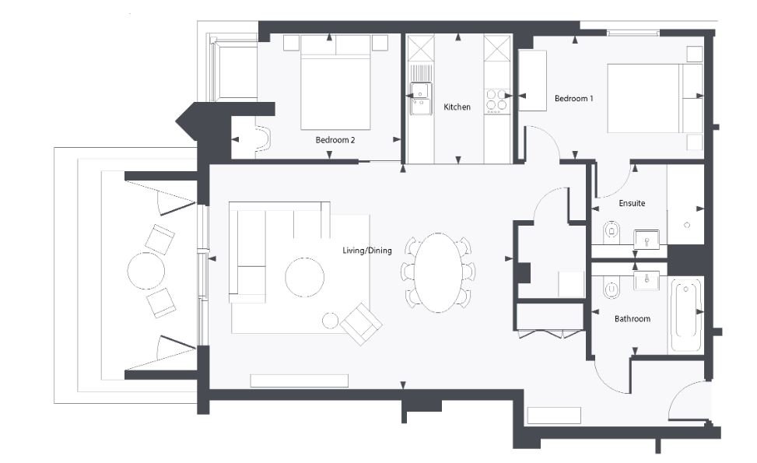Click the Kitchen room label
[x=457, y=107]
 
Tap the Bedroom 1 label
[x=573, y=99]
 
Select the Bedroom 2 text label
[x=335, y=140]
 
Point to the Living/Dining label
[x=367, y=251]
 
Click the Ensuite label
[x=631, y=203]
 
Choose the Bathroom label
[x=632, y=318]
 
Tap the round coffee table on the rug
[x=304, y=278]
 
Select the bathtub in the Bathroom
[x=686, y=316]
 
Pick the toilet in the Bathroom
[x=612, y=289]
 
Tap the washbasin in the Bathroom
[x=647, y=280]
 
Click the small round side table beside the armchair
[x=330, y=320]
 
